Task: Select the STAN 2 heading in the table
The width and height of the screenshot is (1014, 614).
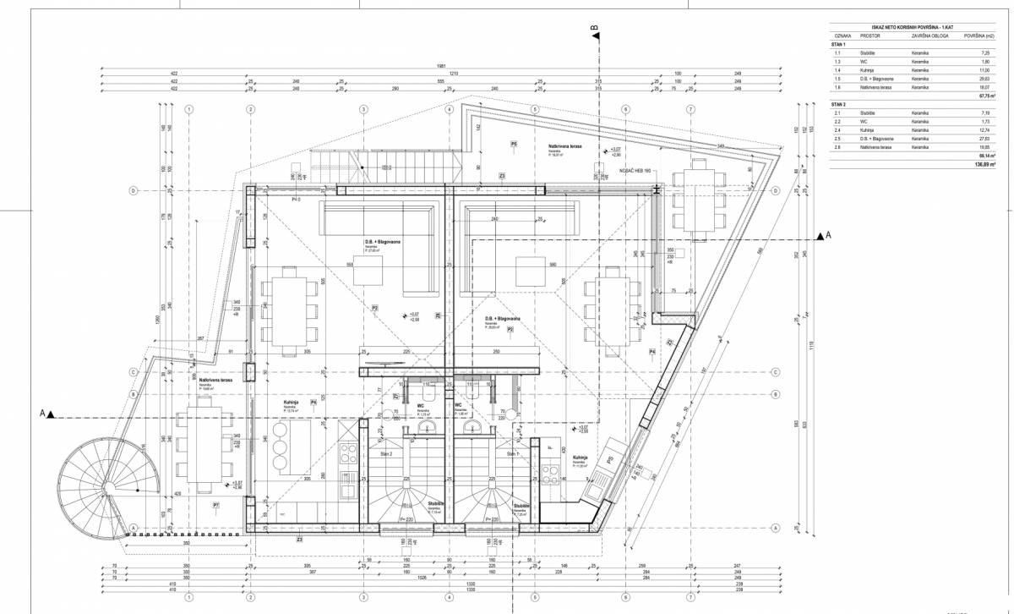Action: coord(841,103)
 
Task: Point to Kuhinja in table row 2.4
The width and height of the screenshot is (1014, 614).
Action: coord(868,130)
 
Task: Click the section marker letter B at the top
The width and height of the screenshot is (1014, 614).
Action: coord(597,28)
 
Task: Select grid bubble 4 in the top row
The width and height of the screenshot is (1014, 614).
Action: coord(449,109)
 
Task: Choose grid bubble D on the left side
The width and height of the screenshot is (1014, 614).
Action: coord(134,190)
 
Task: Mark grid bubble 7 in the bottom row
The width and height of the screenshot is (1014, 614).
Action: coord(690,596)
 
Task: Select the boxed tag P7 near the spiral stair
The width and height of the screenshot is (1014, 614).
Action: coord(216,505)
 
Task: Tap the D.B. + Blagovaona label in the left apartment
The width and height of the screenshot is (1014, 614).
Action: coord(383,243)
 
